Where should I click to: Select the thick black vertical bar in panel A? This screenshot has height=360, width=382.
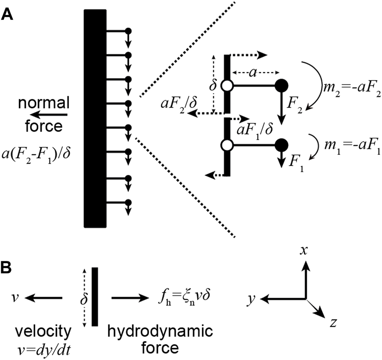pos(95,119)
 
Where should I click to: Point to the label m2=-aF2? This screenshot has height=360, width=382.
pos(351,94)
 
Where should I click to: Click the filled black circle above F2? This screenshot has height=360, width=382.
pos(281,86)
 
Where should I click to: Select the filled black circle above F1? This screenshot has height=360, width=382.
pos(281,144)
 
